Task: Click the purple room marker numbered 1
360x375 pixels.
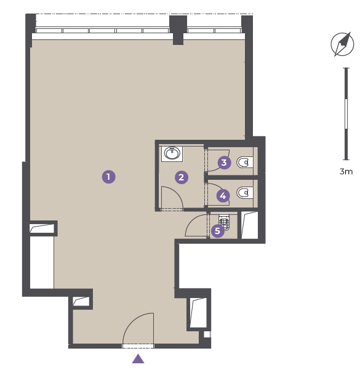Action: tap(109, 177)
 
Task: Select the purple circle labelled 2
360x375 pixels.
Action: tap(182, 177)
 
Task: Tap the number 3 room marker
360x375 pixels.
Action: tap(224, 163)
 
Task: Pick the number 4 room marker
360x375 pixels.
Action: tap(223, 196)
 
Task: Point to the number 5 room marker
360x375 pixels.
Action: tap(217, 231)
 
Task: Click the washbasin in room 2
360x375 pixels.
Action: tap(172, 154)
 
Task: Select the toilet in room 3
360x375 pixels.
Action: tap(245, 163)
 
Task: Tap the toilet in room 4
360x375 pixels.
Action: tap(245, 193)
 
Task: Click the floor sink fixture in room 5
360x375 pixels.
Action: tap(224, 222)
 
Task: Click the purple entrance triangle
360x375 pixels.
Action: tap(138, 359)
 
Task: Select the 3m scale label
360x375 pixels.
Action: tap(346, 171)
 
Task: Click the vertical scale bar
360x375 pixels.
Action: tap(346, 114)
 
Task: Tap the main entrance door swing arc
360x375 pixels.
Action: tap(132, 320)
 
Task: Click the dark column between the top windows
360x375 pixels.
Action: tap(178, 30)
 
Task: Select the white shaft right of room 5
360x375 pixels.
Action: tap(250, 225)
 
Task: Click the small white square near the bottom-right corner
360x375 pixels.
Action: tap(207, 334)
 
